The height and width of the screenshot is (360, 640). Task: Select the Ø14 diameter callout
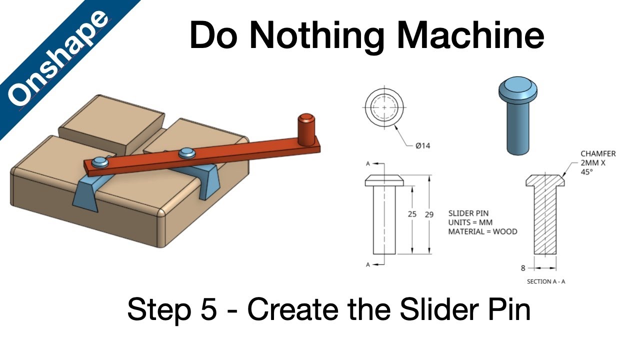(423, 146)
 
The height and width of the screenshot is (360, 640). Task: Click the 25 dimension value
(412, 214)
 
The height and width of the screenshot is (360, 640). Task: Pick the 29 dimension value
(429, 214)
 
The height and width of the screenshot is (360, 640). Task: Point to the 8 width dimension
(523, 268)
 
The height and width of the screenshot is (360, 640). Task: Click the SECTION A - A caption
(546, 281)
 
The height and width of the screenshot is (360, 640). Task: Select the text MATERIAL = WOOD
(482, 231)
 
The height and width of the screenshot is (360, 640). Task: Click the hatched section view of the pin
(545, 220)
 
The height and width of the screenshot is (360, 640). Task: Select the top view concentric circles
(384, 107)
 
